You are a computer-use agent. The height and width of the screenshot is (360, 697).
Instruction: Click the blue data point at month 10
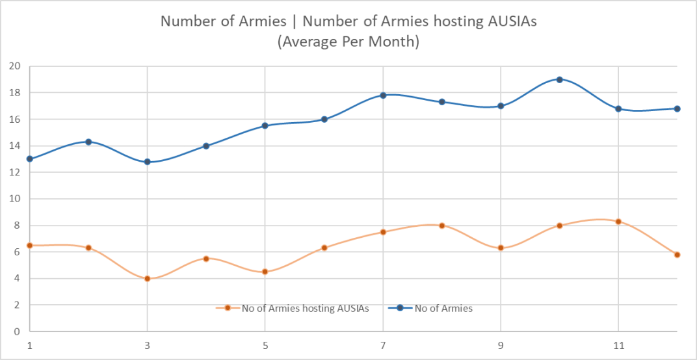559,79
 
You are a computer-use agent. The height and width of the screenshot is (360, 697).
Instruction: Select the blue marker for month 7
383,95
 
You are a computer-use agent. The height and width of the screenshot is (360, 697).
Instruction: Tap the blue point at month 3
148,162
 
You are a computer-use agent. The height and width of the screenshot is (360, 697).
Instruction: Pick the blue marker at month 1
30,159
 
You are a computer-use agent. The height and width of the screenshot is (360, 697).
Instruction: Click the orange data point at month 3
148,278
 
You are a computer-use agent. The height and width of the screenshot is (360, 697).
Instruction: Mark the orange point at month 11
618,222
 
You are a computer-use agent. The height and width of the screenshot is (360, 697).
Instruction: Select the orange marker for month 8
441,225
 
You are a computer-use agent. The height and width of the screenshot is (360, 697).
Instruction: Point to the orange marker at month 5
265,272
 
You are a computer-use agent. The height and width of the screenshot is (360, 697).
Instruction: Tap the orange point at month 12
677,255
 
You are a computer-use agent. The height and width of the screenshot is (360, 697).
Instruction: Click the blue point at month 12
677,109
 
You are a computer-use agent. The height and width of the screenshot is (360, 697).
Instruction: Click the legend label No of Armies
443,309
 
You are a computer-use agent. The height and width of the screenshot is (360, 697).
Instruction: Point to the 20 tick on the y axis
15,66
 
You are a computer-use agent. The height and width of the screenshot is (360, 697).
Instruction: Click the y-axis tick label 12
15,172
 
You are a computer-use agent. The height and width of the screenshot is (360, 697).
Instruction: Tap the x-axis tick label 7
383,346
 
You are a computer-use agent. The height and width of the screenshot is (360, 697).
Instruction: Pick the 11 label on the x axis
618,346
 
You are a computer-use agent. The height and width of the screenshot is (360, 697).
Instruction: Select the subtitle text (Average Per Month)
348,42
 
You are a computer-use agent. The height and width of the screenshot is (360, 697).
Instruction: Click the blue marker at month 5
265,125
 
